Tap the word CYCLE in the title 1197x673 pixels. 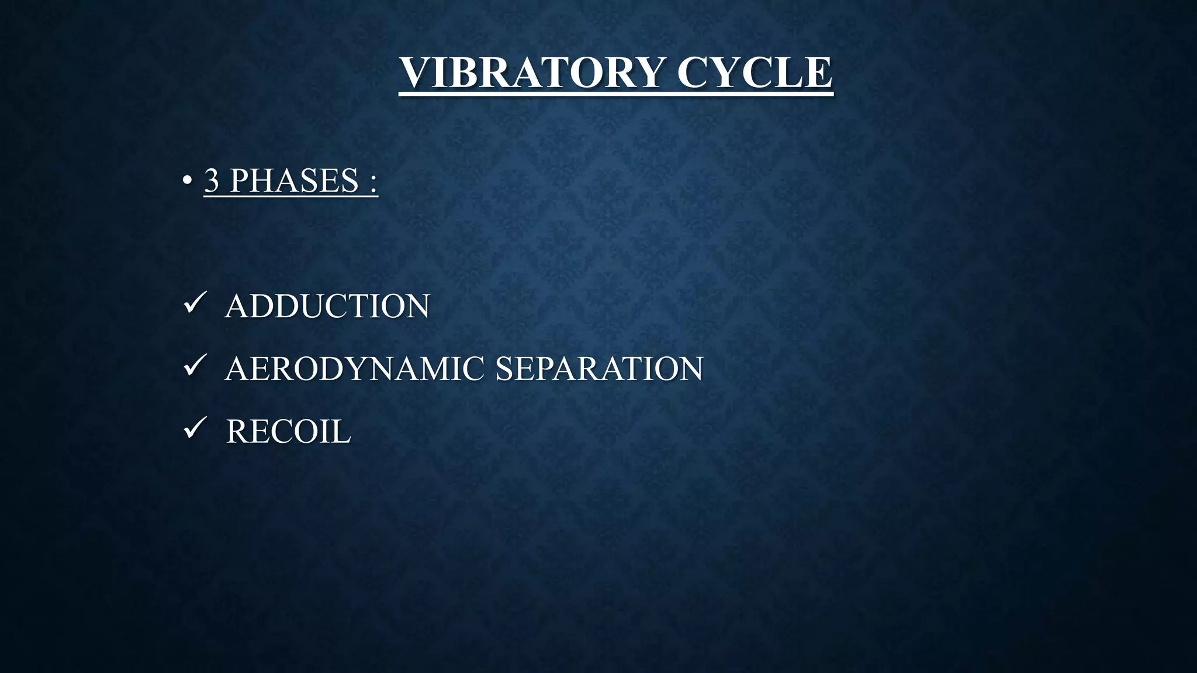click(x=754, y=72)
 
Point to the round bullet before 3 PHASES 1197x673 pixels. click(x=186, y=181)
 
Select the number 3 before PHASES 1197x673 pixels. click(x=212, y=181)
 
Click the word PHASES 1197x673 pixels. click(x=294, y=181)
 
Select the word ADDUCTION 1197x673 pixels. click(x=327, y=306)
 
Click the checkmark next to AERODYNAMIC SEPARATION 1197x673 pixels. click(x=193, y=366)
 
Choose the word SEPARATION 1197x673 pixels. click(x=599, y=369)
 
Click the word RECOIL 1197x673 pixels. click(x=288, y=432)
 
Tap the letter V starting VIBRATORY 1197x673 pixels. click(x=416, y=72)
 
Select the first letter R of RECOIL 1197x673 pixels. click(x=237, y=432)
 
